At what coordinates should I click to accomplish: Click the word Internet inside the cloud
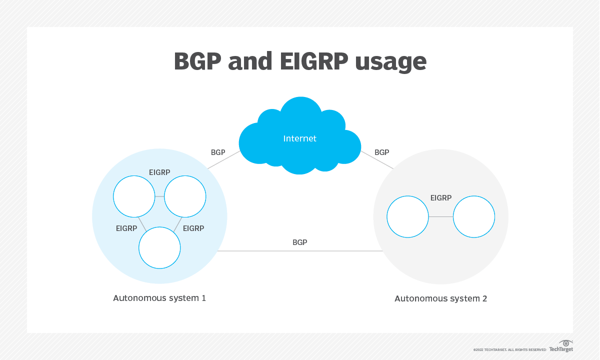pos(299,138)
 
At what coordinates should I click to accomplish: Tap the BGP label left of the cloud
pos(218,152)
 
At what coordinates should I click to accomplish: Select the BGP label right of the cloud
pos(381,152)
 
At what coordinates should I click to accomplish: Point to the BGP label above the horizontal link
pos(299,242)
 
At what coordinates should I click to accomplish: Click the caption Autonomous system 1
pos(159,298)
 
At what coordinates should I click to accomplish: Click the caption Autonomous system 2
pos(440,298)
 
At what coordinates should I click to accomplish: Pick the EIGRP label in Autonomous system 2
pos(440,198)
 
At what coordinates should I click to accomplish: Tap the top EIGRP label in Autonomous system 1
pos(159,172)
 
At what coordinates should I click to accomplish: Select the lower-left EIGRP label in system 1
pos(126,228)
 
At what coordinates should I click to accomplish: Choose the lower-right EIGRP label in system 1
pos(193,228)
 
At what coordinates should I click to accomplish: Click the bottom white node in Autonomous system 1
pos(159,247)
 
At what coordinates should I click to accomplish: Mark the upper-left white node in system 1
pos(134,196)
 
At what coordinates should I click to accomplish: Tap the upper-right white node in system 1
pos(185,196)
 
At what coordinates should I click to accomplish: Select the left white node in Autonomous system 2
pos(408,216)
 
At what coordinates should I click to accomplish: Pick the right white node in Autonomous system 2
pos(474,216)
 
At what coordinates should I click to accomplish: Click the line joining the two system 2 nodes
pos(441,216)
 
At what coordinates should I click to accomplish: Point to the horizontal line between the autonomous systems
pos(300,251)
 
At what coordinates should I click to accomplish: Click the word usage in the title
pos(390,62)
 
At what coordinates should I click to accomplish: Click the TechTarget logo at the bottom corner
pos(561,346)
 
